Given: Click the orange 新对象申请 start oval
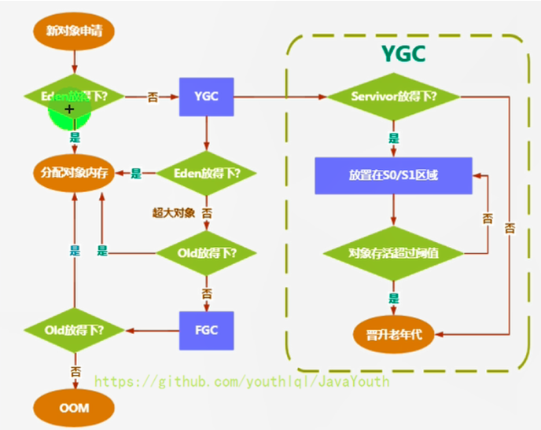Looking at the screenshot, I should pyautogui.click(x=73, y=32).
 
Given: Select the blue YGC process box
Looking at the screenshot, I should pyautogui.click(x=205, y=97).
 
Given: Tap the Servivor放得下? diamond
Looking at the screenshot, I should pyautogui.click(x=393, y=97).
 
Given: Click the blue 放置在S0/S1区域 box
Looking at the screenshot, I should pyautogui.click(x=393, y=175).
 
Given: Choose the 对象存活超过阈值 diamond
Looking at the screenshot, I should pyautogui.click(x=393, y=253).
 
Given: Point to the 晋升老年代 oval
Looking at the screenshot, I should pyautogui.click(x=393, y=333).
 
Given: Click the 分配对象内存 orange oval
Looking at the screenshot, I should pyautogui.click(x=73, y=174).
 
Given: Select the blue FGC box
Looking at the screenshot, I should pyautogui.click(x=205, y=330).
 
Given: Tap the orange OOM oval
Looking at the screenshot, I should pyautogui.click(x=73, y=408).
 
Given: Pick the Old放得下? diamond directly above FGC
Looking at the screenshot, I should pyautogui.click(x=206, y=253).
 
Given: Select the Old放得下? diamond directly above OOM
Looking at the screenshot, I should pyautogui.click(x=73, y=330).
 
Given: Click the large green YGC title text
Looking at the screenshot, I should pyautogui.click(x=403, y=53).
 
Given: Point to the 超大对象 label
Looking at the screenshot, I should pyautogui.click(x=173, y=212).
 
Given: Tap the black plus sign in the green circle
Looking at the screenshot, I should pyautogui.click(x=69, y=109).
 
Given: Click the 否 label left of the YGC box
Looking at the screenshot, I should pyautogui.click(x=152, y=97).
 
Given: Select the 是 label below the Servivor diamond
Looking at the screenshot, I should pyautogui.click(x=393, y=138).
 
